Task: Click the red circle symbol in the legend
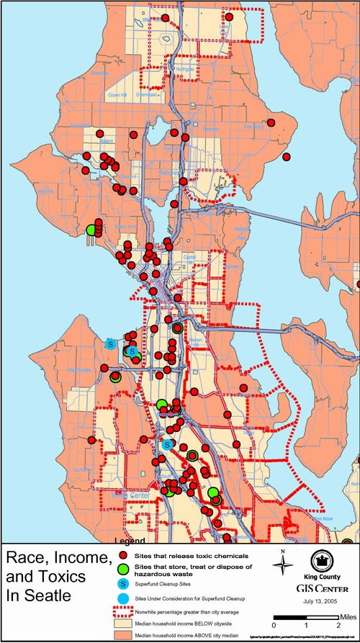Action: (124, 557)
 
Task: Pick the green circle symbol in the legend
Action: (124, 570)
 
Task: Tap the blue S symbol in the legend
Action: (124, 586)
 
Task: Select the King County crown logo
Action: (322, 562)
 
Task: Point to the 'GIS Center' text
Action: (321, 587)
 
